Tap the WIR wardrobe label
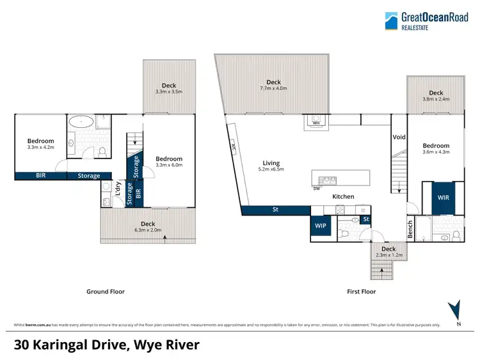(443, 198)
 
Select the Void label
(399, 137)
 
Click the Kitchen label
(342, 196)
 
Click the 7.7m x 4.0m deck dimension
(274, 89)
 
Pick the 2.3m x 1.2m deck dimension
(388, 256)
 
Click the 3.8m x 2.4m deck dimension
(436, 100)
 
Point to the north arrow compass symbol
(456, 311)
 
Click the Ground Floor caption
(106, 292)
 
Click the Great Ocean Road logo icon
(392, 20)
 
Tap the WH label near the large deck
(316, 123)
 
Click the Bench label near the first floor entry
(410, 228)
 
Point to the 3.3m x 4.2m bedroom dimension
(40, 148)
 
